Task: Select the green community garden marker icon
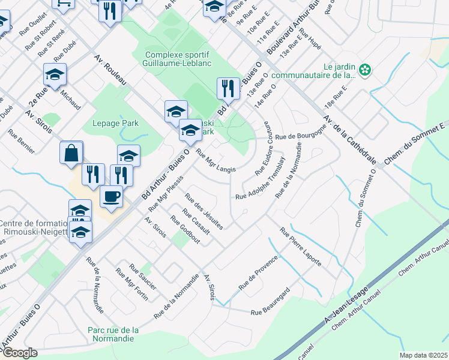point(364,71)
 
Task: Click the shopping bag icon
point(71,153)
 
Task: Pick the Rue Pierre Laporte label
point(301,247)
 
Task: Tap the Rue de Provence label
point(259,273)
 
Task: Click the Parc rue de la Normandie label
point(113,334)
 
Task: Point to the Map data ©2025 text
point(423,355)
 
